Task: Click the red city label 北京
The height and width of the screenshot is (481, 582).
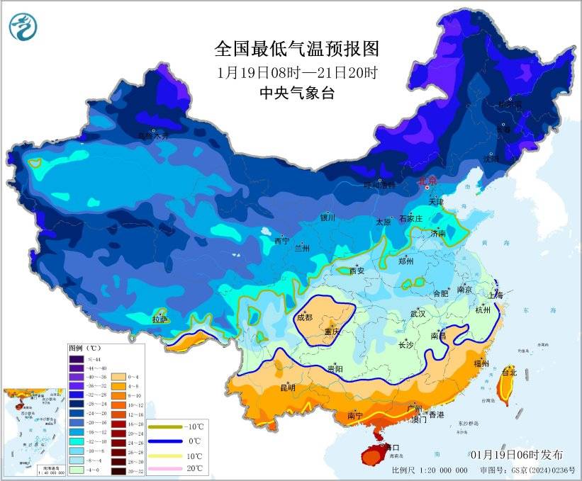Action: click(428, 181)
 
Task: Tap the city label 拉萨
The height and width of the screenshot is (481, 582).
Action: click(161, 319)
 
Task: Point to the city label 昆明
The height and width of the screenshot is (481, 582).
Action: click(288, 387)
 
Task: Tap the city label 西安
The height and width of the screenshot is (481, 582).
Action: click(357, 270)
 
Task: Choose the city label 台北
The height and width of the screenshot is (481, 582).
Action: click(509, 371)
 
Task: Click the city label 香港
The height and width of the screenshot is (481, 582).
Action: click(436, 414)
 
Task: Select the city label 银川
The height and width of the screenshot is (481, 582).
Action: click(327, 217)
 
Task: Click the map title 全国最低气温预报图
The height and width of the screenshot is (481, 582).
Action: click(297, 49)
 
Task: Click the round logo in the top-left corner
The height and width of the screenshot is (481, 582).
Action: click(23, 26)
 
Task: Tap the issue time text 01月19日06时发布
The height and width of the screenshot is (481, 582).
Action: click(516, 454)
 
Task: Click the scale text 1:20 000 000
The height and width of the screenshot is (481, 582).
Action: click(441, 470)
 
